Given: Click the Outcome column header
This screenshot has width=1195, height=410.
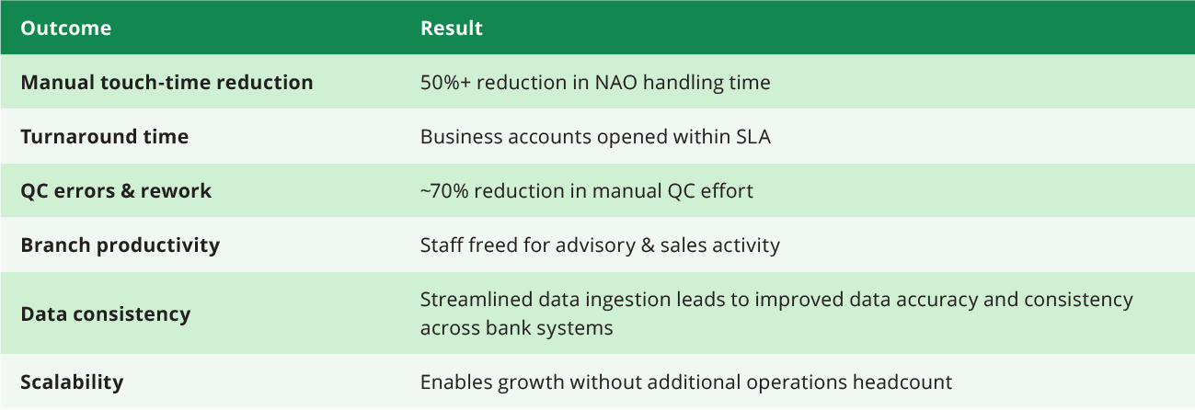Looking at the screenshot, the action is click(x=65, y=28).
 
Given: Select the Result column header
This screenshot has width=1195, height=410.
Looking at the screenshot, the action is click(x=452, y=28).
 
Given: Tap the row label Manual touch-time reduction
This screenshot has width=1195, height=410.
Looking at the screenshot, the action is click(x=167, y=83).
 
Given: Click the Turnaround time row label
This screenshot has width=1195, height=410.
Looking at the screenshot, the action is click(x=105, y=137).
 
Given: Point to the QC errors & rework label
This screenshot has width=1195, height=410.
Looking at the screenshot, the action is click(x=116, y=191).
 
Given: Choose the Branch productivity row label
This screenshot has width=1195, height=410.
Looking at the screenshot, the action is click(x=120, y=245).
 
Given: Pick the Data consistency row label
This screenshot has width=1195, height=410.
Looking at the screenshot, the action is click(x=106, y=314).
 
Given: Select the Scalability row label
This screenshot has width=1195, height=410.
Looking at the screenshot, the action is click(x=72, y=382).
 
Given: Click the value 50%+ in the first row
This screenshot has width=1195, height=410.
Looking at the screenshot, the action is click(x=445, y=83).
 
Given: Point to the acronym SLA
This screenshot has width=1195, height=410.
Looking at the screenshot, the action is click(x=753, y=137).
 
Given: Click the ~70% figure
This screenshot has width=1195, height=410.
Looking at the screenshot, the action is click(x=444, y=191).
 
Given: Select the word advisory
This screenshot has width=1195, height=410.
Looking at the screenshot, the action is click(x=595, y=245).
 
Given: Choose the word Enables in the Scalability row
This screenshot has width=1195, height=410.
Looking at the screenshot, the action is click(x=456, y=382).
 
